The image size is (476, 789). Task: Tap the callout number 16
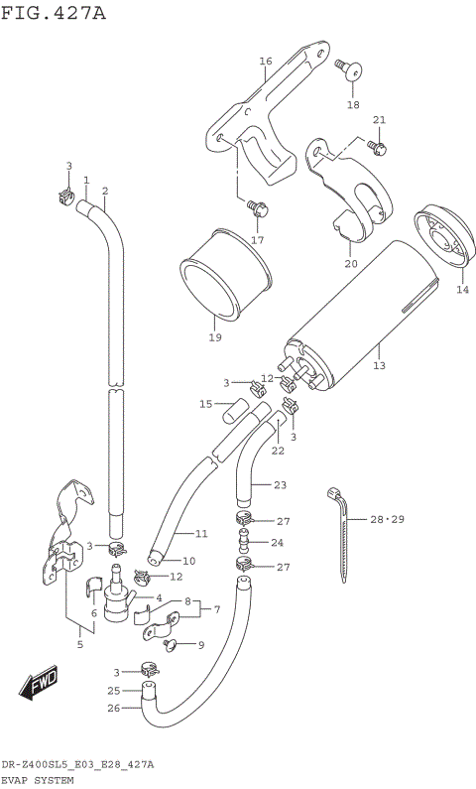click(x=265, y=62)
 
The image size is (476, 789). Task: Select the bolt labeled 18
click(x=349, y=69)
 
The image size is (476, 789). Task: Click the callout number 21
click(x=378, y=120)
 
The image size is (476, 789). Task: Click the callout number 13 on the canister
click(x=378, y=365)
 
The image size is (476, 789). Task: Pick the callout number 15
click(x=205, y=404)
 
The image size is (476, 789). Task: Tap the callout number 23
click(x=280, y=485)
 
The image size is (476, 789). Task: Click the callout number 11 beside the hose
click(x=200, y=534)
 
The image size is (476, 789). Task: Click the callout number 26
click(x=113, y=709)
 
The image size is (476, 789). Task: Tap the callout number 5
click(x=80, y=643)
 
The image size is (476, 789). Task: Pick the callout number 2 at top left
click(x=104, y=191)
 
